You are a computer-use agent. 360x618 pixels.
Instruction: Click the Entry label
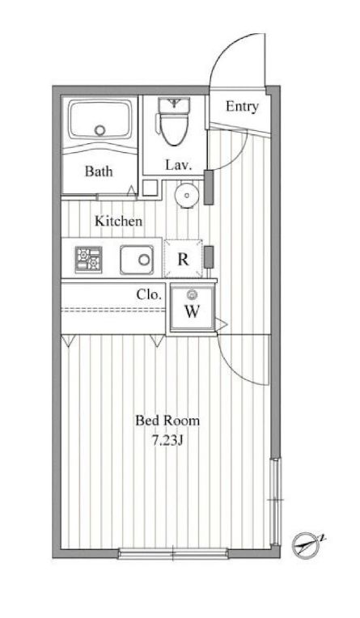(x=242, y=107)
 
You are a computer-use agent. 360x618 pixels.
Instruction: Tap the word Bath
(x=99, y=171)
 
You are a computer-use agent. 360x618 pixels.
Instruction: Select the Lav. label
(x=179, y=165)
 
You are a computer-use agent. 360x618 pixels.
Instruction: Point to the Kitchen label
(x=118, y=221)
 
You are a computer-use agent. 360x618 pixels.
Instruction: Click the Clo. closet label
(x=149, y=294)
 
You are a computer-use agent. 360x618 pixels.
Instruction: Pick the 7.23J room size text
(x=167, y=441)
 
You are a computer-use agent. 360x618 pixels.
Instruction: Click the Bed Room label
(x=167, y=421)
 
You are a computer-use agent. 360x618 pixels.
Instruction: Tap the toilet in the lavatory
(x=173, y=121)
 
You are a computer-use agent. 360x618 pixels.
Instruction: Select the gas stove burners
(x=88, y=260)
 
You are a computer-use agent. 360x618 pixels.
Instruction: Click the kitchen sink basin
(x=137, y=260)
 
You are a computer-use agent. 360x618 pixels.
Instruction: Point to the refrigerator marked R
(x=183, y=259)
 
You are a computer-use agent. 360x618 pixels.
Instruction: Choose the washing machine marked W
(x=193, y=307)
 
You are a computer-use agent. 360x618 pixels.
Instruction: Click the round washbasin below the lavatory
(x=187, y=195)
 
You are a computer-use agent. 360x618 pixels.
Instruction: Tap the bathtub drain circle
(x=100, y=130)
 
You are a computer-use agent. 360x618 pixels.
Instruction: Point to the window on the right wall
(x=276, y=502)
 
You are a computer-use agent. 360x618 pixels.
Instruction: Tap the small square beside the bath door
(x=150, y=188)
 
